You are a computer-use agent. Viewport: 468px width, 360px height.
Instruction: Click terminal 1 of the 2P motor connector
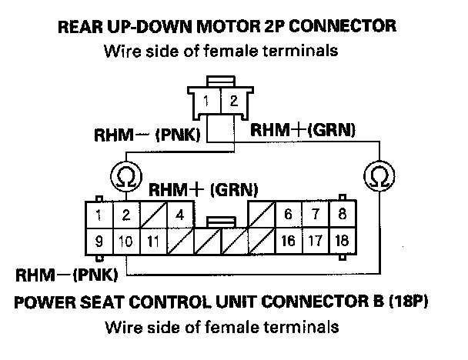(206, 101)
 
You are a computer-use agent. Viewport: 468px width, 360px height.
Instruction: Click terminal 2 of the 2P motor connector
(234, 101)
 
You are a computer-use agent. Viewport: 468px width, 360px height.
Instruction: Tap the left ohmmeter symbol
(126, 177)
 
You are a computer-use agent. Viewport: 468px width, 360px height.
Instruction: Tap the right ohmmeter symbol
(379, 176)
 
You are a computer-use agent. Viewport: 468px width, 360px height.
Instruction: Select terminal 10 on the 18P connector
(126, 242)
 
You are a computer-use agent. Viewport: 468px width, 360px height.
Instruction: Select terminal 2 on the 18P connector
(126, 215)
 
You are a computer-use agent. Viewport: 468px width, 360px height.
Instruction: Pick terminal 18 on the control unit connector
(342, 241)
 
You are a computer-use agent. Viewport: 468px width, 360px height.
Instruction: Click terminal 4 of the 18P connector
(180, 215)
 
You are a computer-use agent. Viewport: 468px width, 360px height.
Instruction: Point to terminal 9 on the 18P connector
(99, 242)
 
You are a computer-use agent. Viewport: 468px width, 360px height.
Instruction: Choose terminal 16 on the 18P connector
(289, 241)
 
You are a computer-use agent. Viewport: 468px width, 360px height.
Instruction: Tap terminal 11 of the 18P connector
(153, 242)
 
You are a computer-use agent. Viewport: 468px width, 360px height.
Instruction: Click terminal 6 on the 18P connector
(289, 214)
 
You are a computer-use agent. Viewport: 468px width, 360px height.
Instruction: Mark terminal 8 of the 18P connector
(342, 214)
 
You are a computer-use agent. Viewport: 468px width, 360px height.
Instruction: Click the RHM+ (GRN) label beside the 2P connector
(303, 130)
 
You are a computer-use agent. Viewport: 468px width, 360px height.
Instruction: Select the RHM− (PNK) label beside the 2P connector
(147, 135)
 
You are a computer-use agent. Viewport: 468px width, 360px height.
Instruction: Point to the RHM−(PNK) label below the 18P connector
(66, 275)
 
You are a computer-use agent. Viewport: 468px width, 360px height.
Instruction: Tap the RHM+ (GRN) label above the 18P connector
(203, 190)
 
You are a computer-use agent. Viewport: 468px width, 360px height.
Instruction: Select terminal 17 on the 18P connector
(315, 241)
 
